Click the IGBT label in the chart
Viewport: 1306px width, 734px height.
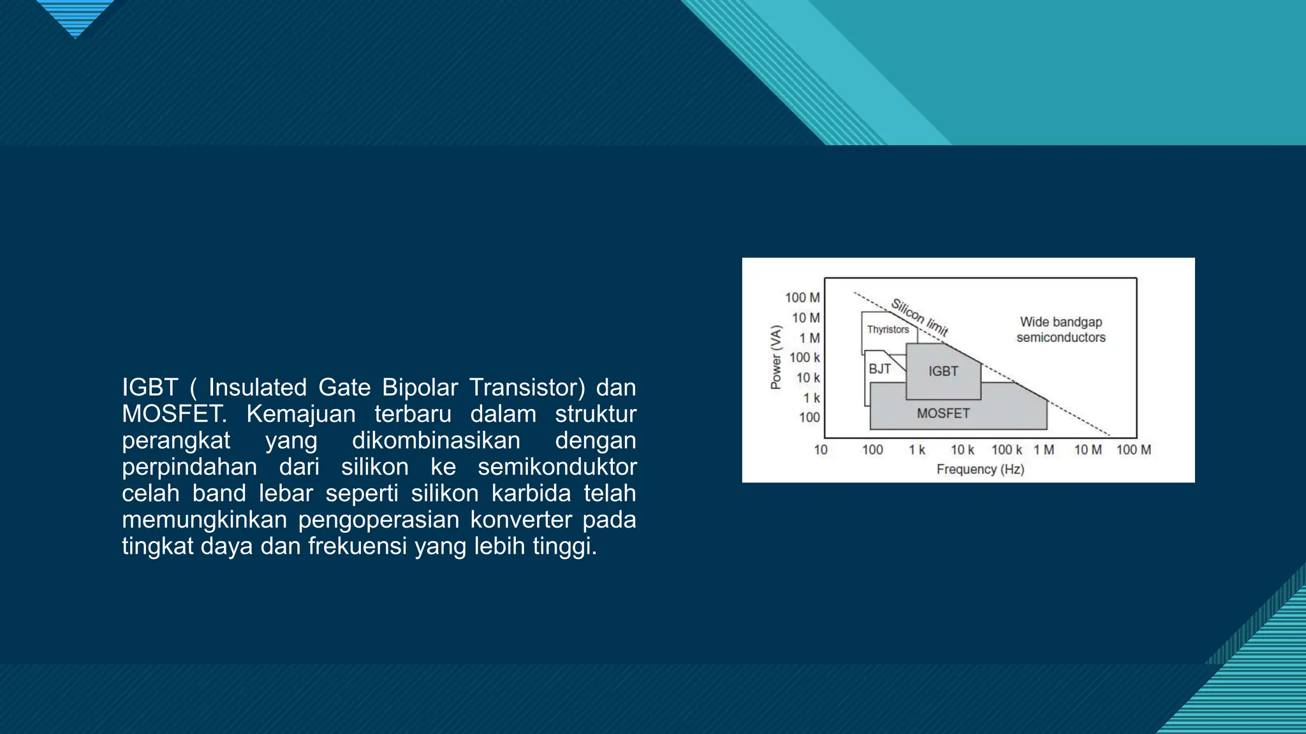tap(943, 371)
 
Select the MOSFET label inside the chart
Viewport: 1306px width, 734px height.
tap(943, 414)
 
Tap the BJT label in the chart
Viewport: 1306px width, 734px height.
tap(879, 369)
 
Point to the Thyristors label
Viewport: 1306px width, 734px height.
tap(888, 329)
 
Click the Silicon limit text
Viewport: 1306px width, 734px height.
tap(920, 317)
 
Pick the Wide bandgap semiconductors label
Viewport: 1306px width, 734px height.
tap(1060, 329)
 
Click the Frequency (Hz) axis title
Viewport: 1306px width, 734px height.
tap(980, 470)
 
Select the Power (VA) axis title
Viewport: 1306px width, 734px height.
tap(775, 357)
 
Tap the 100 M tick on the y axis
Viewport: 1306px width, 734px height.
tap(802, 298)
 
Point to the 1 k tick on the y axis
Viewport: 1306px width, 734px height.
tap(811, 398)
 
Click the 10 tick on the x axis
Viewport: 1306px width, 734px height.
tap(821, 450)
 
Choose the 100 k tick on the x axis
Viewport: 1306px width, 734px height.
tap(1006, 450)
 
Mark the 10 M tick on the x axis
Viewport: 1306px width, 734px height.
tap(1088, 450)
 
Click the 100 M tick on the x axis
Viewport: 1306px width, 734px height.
tap(1133, 450)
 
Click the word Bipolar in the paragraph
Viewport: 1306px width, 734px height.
tap(420, 387)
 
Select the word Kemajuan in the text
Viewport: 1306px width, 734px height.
tap(300, 414)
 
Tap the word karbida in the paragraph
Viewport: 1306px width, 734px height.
tap(531, 493)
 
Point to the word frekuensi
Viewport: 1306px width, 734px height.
tap(357, 546)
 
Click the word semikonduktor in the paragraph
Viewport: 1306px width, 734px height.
tap(557, 467)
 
